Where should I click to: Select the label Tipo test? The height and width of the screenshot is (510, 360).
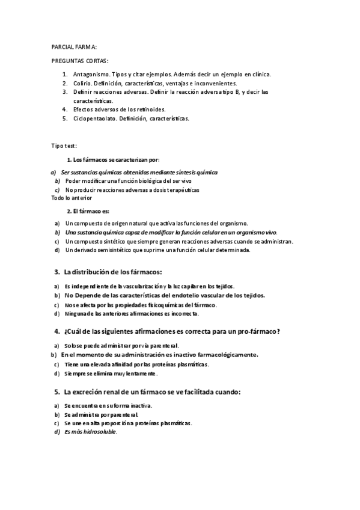tap(64, 146)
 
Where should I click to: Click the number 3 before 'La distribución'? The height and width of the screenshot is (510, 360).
tap(56, 272)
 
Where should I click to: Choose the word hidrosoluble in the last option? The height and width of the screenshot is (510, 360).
tap(99, 432)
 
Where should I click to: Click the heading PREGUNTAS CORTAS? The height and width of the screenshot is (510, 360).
tap(80, 61)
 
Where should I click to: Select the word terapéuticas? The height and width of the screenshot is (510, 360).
tap(178, 189)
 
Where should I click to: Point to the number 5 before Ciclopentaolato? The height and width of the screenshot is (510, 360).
tap(64, 118)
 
